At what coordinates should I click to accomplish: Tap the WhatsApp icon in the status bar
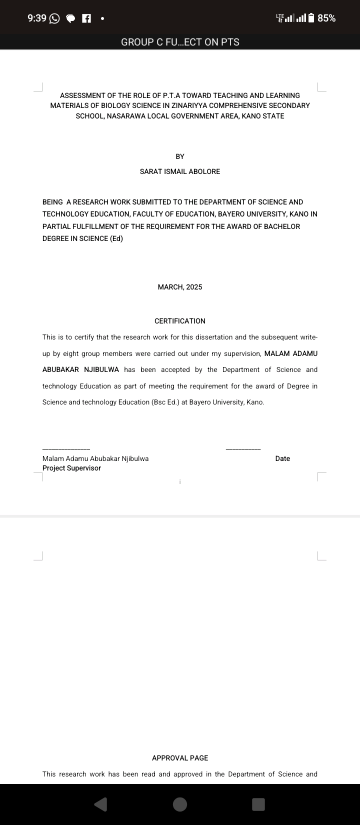click(54, 18)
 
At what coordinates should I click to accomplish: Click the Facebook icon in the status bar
click(86, 18)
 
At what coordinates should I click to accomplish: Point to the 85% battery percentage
click(326, 18)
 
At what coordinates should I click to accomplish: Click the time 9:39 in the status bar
click(36, 18)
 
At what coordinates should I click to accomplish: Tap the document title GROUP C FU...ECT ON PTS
click(180, 42)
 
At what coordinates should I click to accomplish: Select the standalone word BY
click(180, 156)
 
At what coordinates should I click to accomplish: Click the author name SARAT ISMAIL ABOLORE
click(180, 171)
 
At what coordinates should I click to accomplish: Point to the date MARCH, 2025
click(180, 287)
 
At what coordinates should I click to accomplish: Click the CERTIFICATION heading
click(180, 321)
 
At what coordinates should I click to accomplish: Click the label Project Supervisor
click(71, 468)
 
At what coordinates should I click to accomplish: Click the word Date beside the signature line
click(282, 458)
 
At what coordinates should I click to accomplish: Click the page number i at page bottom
click(180, 482)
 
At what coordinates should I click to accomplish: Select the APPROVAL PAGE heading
click(180, 758)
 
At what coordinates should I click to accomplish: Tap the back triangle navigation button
click(100, 804)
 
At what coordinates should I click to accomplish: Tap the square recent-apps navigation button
click(258, 804)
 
